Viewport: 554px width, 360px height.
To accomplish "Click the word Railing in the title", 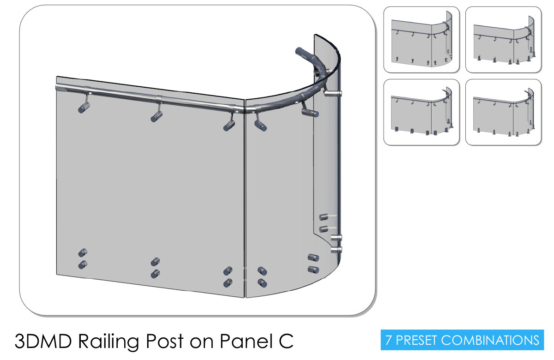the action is click(x=108, y=342).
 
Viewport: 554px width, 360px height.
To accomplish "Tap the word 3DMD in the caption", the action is click(x=43, y=341).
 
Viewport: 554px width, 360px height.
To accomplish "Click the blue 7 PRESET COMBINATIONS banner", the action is click(x=462, y=340).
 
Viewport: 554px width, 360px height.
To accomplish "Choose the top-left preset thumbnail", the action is click(x=422, y=40).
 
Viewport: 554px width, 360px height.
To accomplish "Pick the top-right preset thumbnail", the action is click(x=503, y=40).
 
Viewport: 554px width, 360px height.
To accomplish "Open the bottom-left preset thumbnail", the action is click(x=422, y=112).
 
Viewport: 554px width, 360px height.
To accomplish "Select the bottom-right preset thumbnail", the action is click(x=503, y=112).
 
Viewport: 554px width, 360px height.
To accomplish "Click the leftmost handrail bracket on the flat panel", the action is click(x=84, y=104).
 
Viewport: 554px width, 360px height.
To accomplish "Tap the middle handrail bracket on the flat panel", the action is click(x=157, y=113).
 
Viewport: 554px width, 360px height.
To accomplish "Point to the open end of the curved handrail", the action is click(x=299, y=51).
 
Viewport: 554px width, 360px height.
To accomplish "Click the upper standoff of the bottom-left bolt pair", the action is click(x=83, y=252).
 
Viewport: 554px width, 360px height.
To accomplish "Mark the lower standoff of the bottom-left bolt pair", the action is click(x=83, y=264).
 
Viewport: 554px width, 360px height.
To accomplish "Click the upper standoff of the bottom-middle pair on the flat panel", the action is click(x=155, y=262).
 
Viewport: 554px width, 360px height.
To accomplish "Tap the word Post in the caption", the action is click(x=164, y=341).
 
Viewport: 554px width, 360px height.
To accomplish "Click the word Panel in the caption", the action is click(x=247, y=341).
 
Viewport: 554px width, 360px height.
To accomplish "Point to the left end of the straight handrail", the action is click(x=57, y=87).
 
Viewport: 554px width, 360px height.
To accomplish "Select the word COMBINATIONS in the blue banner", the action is click(x=490, y=340).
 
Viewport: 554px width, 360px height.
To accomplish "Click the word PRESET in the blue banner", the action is click(x=417, y=340).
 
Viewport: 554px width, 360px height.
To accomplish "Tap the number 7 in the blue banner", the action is click(x=389, y=340).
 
